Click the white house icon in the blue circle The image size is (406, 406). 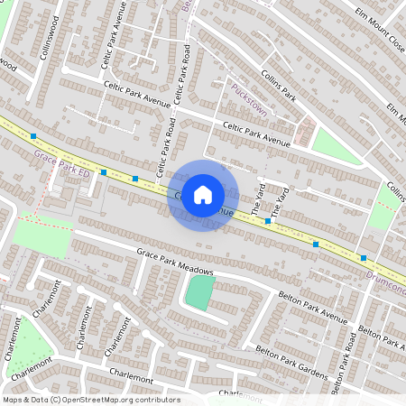coord(202,194)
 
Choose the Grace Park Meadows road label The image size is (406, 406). coord(175,261)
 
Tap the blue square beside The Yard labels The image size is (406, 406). coord(268,220)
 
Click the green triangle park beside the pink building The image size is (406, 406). coord(334,144)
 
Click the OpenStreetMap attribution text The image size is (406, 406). coord(91,399)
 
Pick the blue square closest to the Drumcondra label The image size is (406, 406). coord(363,258)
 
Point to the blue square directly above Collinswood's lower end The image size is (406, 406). coord(33,135)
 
